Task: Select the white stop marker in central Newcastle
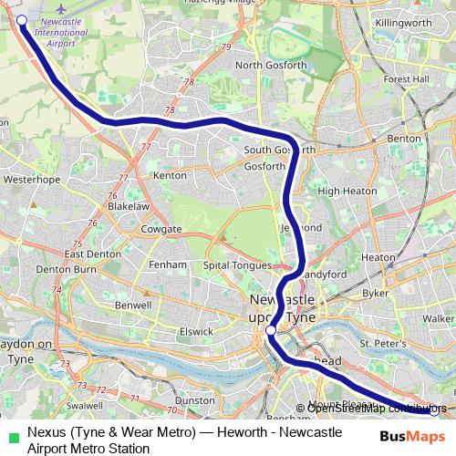[x=271, y=330]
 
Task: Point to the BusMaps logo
[x=412, y=437]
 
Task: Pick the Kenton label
[x=171, y=173]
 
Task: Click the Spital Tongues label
[x=240, y=264]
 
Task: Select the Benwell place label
[x=134, y=305]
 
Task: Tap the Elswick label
[x=196, y=332]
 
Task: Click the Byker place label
[x=375, y=295]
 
